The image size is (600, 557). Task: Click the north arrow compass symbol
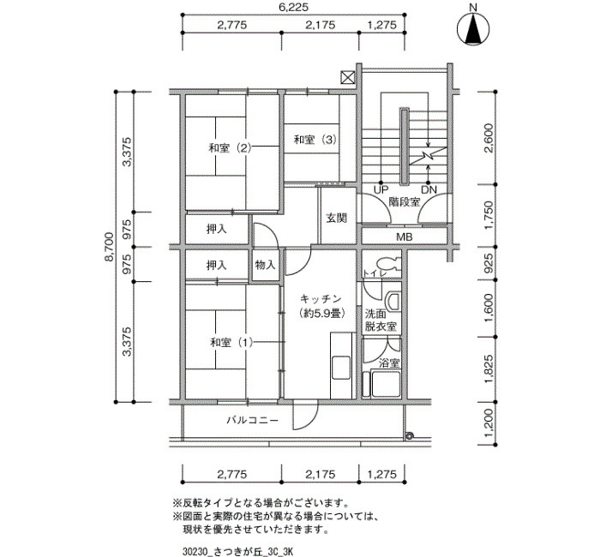[473, 29]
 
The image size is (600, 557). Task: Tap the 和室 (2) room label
[230, 147]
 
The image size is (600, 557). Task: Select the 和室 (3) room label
[315, 140]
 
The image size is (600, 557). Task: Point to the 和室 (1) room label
[231, 342]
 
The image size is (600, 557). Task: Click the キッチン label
[321, 298]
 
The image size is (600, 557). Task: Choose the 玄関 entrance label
[336, 218]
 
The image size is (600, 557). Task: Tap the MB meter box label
[404, 237]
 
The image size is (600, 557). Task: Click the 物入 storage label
[265, 264]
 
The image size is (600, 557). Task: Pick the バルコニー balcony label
[253, 421]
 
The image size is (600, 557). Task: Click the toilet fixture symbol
[387, 264]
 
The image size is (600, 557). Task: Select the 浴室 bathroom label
[389, 363]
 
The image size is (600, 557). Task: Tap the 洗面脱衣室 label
[381, 320]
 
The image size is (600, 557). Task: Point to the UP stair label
[381, 189]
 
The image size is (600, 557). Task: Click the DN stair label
[429, 189]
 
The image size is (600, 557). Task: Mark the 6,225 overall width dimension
[293, 7]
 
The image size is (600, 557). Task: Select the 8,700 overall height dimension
[109, 247]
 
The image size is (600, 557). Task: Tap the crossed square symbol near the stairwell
[348, 78]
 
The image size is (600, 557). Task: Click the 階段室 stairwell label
[405, 201]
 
